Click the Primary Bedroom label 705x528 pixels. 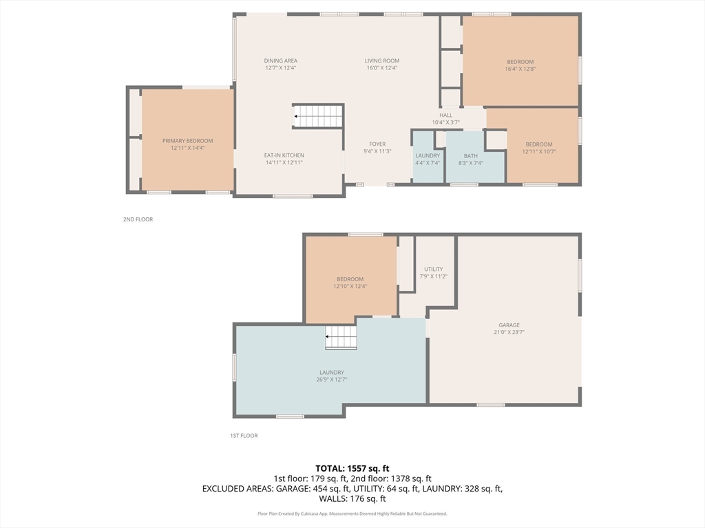(x=188, y=141)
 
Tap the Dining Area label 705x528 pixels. (x=281, y=60)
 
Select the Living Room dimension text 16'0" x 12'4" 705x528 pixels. (x=382, y=68)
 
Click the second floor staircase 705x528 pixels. (x=318, y=116)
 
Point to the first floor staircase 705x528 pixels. (x=341, y=337)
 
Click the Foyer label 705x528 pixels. (x=378, y=144)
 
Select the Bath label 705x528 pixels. (x=471, y=156)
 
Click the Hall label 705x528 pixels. (x=446, y=115)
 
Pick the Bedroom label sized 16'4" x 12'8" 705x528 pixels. (x=520, y=62)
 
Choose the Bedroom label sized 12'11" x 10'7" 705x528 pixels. (x=539, y=144)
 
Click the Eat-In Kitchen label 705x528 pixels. (x=284, y=155)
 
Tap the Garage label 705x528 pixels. (x=509, y=325)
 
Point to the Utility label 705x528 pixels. (x=434, y=269)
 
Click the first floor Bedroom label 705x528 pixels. (x=350, y=279)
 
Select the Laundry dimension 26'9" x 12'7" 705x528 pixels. (x=332, y=379)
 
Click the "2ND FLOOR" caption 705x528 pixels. (x=138, y=219)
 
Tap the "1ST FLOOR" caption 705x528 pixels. (x=244, y=435)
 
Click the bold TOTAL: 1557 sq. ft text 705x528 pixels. (x=352, y=469)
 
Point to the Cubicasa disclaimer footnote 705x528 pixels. (x=352, y=514)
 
